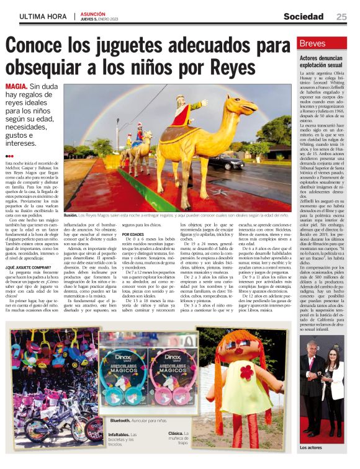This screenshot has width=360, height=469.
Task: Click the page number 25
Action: tap(341, 16)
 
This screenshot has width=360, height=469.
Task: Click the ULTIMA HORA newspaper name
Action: tap(44, 17)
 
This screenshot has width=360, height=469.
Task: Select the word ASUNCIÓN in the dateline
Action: tap(94, 13)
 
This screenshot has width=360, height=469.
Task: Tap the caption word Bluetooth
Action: tap(120, 420)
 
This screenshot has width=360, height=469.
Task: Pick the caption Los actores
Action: tap(312, 446)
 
